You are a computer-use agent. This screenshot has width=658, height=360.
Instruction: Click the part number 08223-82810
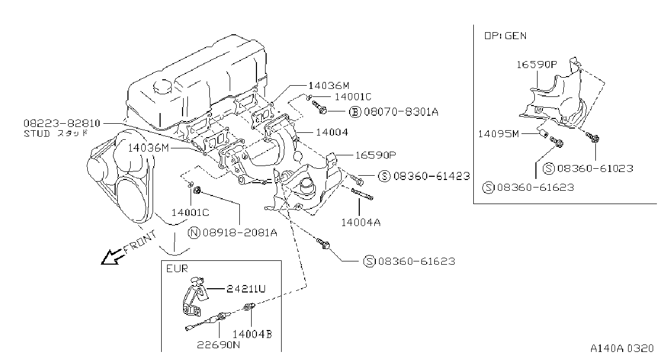tap(62, 123)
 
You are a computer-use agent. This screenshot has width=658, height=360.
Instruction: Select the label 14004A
tap(361, 222)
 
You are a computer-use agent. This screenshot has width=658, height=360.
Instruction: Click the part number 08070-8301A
tap(401, 111)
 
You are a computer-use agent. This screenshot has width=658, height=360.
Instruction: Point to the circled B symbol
tap(355, 111)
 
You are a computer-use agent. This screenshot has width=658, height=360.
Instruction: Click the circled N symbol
tap(194, 232)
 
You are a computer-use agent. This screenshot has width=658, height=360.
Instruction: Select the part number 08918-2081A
tap(240, 232)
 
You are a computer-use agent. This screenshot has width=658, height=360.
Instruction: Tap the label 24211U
tap(246, 289)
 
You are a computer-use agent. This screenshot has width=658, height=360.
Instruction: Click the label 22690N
tap(218, 344)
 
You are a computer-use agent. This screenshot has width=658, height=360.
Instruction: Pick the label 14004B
tap(252, 334)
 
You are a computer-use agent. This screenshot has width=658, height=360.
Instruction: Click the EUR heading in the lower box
tap(177, 268)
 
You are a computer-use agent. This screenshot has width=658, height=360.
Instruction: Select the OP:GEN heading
tap(505, 36)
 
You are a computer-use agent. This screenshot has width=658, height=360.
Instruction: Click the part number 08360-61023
tap(595, 168)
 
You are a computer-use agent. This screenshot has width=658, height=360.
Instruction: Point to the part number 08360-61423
tap(432, 176)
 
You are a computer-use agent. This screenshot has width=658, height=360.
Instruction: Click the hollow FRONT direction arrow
tap(111, 257)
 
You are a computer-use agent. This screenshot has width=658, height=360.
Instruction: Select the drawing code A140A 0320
tap(622, 348)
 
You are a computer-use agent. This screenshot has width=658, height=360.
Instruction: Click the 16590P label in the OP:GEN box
tap(537, 64)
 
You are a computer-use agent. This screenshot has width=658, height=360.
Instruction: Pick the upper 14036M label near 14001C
tap(329, 86)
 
